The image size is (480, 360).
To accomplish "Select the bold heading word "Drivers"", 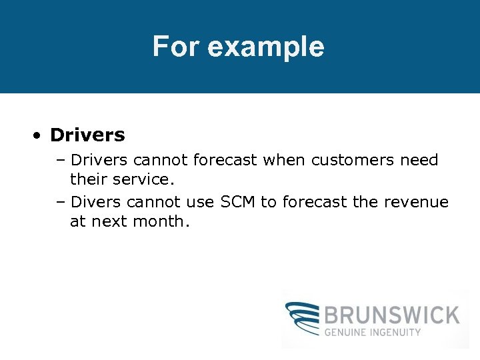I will coord(87,135).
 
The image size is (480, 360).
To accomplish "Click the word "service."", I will coord(145,180).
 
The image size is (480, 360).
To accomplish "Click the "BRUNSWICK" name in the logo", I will coord(392,315).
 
